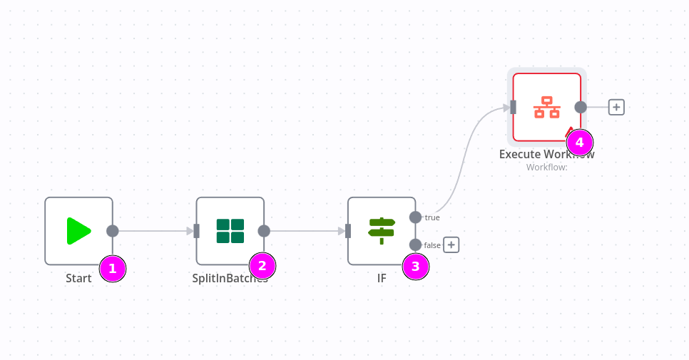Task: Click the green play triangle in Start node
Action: point(78,231)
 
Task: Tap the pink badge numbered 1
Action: point(112,269)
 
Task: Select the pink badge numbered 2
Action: point(262,266)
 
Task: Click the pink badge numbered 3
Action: point(416,267)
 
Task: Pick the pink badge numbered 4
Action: point(579,142)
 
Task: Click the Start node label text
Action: point(78,279)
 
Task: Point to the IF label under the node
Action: point(382,279)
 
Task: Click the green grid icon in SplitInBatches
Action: point(230,231)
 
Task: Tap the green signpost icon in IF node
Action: point(382,231)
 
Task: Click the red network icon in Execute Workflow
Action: point(547,107)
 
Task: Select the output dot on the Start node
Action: point(113,231)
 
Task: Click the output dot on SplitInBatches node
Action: point(264,231)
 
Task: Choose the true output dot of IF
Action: point(416,217)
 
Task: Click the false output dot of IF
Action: point(416,245)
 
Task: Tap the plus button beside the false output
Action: point(451,245)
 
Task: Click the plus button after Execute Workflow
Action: point(616,107)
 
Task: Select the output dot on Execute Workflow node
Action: point(581,107)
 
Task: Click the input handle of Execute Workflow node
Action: point(513,107)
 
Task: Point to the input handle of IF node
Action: point(348,231)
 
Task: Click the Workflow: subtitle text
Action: point(546,168)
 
